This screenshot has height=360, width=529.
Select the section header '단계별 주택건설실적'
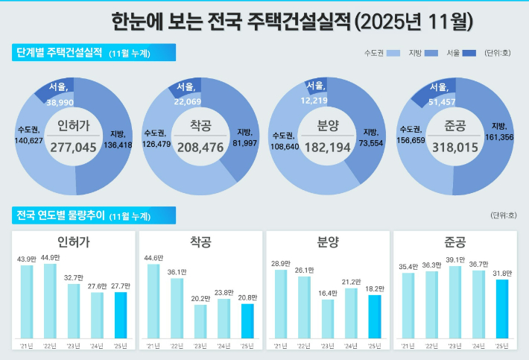coord(59,53)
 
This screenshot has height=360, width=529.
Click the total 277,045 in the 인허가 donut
coord(74,148)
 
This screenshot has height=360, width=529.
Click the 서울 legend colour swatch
coord(469,53)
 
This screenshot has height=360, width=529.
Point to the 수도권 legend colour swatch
coord(394,53)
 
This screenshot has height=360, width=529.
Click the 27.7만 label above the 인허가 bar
coord(121,286)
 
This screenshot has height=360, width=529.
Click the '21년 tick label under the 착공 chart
coord(153,346)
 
